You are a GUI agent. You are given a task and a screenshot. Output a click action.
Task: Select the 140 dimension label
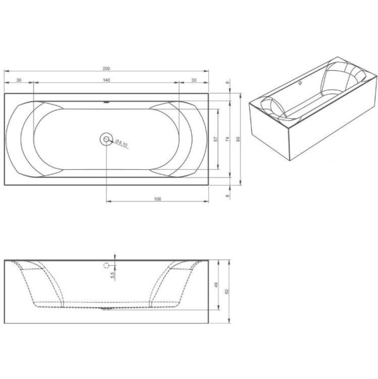point(106,80)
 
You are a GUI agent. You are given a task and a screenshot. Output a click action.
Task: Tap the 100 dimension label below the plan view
point(157,199)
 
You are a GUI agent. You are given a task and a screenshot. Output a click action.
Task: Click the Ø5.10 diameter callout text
point(122,143)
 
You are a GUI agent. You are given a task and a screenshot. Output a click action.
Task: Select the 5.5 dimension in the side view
point(112,274)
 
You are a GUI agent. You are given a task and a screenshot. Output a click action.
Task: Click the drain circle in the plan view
point(106,139)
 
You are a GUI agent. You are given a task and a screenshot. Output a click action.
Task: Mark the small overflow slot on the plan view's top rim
point(106,102)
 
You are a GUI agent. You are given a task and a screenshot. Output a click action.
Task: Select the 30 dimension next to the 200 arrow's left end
point(19,80)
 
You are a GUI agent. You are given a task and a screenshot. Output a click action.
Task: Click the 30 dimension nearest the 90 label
point(193,80)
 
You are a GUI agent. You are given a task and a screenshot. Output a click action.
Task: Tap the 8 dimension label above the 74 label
point(228,83)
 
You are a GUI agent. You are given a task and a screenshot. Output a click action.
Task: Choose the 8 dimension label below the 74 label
point(228,196)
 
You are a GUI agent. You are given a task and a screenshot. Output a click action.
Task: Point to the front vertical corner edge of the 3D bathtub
point(290,143)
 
